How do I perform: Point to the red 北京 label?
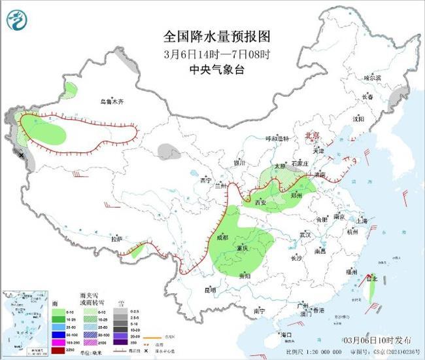[313, 135]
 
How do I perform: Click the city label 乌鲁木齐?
[111, 101]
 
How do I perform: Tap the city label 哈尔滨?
[372, 77]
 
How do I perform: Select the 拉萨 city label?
[117, 240]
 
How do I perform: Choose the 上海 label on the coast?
[357, 221]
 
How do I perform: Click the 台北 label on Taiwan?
[373, 279]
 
